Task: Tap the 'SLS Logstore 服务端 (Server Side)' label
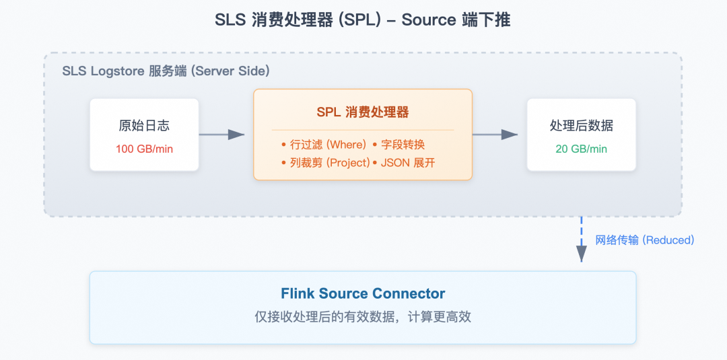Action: tap(166, 71)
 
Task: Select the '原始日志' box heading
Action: tap(144, 126)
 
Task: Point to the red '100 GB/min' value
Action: tap(144, 149)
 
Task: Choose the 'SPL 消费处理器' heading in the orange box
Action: tap(362, 112)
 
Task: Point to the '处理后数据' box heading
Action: tap(581, 126)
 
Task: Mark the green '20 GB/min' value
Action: tap(581, 149)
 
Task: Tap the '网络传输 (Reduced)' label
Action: tap(644, 240)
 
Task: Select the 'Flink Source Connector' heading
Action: tap(363, 293)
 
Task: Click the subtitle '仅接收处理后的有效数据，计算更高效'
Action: tap(363, 317)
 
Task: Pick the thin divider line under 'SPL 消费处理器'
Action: tap(362, 130)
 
